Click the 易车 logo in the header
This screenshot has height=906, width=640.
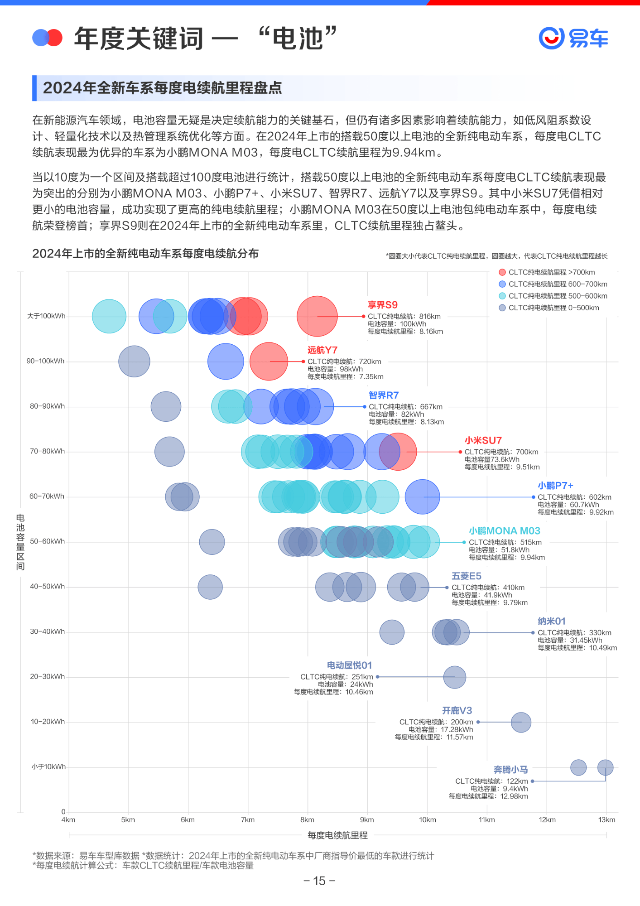click(x=573, y=38)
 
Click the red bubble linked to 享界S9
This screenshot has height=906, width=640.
click(x=317, y=316)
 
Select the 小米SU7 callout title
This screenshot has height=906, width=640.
click(x=483, y=440)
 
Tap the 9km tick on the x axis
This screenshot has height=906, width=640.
click(x=367, y=820)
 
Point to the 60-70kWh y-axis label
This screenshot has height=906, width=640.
click(x=47, y=496)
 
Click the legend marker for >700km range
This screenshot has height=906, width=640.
click(x=502, y=272)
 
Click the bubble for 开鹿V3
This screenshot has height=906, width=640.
click(x=521, y=722)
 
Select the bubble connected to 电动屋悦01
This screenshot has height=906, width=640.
click(x=454, y=677)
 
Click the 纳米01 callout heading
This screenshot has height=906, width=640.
click(x=551, y=621)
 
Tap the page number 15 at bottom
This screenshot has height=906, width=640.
click(x=319, y=881)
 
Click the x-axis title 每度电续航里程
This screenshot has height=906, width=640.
click(x=337, y=835)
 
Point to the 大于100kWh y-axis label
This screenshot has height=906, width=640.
click(x=46, y=316)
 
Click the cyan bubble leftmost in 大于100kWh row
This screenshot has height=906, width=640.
click(x=109, y=316)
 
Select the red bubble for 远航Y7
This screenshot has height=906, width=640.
click(x=269, y=361)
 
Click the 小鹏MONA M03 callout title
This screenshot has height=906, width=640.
click(x=504, y=531)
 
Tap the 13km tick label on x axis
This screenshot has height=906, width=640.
click(x=606, y=820)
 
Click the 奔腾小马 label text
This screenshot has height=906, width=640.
click(x=510, y=770)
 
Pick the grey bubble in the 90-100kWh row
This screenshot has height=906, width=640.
click(x=134, y=361)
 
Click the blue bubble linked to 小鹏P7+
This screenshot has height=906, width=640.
click(x=422, y=497)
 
